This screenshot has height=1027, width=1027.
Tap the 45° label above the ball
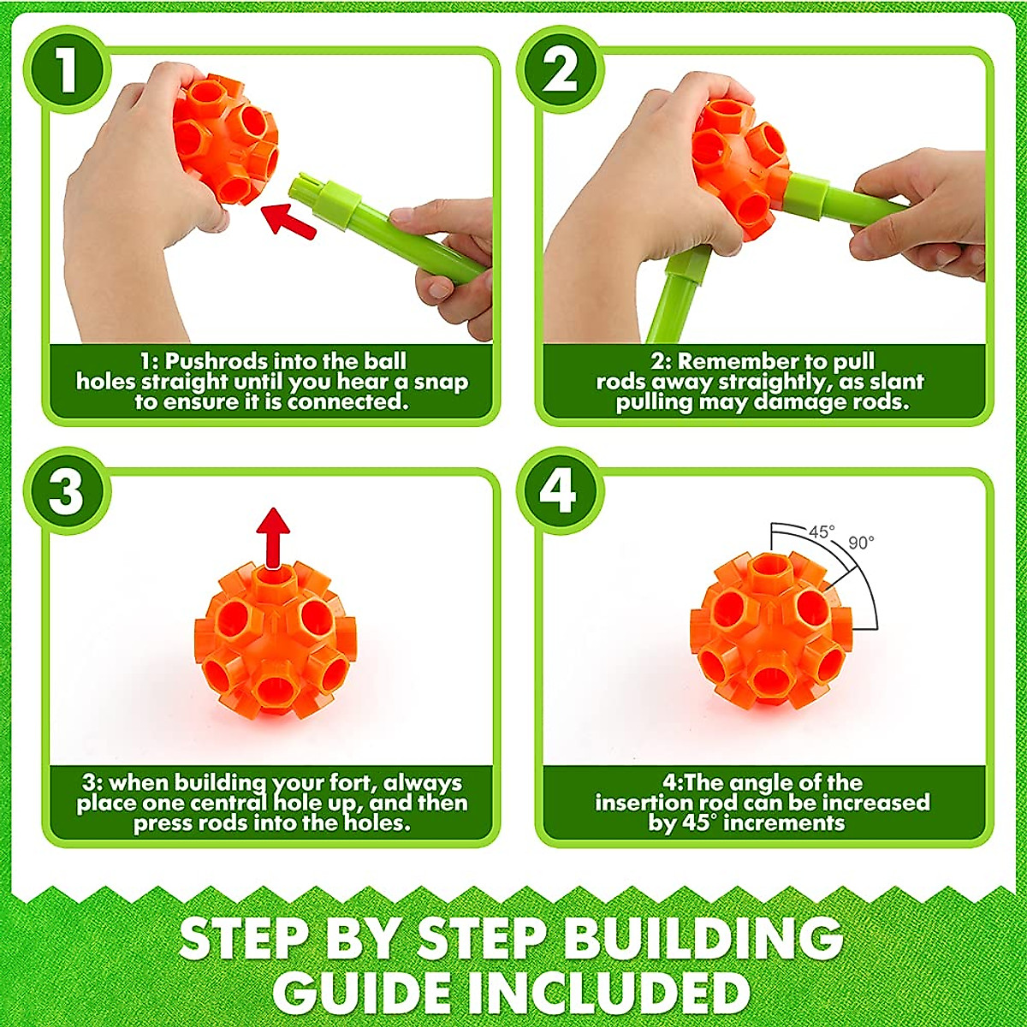click(821, 531)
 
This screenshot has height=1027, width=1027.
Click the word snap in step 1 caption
click(438, 382)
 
